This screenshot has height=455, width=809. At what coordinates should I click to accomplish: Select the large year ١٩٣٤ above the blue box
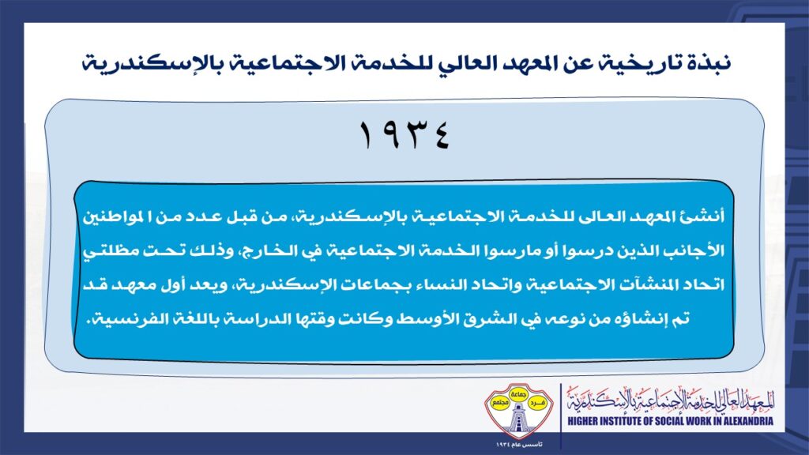point(404,135)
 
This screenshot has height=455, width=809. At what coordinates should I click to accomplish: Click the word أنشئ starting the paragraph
point(706,216)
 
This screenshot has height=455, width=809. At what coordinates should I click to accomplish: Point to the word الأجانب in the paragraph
point(698,250)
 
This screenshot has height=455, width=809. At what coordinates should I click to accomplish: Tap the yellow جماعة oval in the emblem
point(518,394)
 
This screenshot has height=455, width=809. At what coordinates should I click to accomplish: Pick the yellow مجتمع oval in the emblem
point(499,402)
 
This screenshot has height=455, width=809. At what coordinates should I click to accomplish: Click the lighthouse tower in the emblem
point(518,419)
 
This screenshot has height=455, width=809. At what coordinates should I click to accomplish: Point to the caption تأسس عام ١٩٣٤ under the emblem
point(519,444)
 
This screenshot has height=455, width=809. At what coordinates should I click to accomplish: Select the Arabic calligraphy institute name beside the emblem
point(671,400)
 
